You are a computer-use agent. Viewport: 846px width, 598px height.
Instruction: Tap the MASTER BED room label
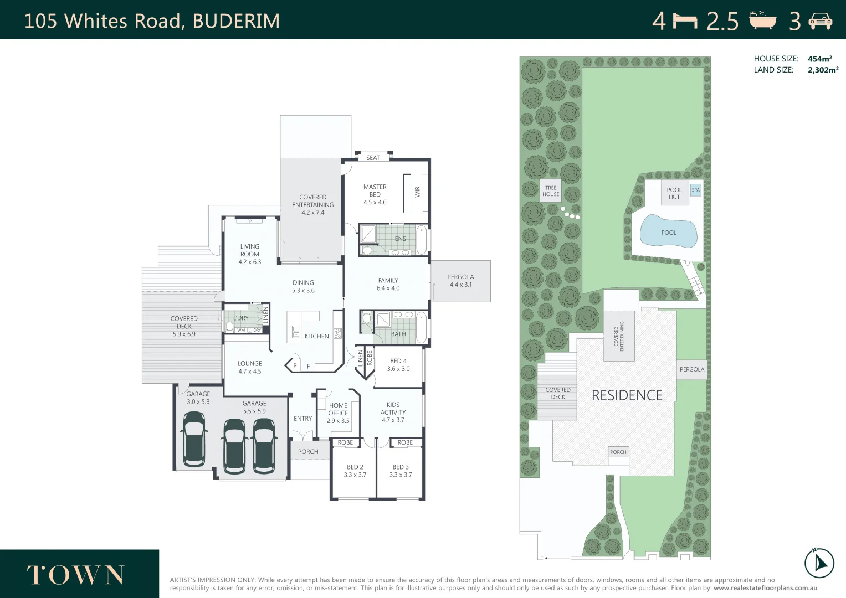point(375,194)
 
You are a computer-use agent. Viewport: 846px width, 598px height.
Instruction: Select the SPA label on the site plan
point(696,190)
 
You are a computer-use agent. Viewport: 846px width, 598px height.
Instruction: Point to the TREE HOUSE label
point(551,191)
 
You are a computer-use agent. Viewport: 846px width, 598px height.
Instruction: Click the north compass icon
point(819,563)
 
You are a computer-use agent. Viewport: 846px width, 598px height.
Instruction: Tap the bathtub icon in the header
point(763,20)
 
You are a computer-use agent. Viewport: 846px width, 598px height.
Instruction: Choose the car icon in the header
point(821,21)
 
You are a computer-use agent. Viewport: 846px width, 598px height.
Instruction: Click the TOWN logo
point(75,575)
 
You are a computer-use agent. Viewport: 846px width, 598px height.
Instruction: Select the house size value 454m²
point(819,59)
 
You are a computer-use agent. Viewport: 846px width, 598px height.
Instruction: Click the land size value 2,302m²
point(823,70)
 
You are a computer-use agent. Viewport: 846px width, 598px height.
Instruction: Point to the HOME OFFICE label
point(338,413)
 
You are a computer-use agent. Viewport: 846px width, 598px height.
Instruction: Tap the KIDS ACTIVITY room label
point(393,412)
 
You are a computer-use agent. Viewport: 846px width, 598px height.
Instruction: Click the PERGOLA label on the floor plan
point(460,281)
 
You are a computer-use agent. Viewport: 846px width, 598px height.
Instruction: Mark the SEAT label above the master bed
point(373,158)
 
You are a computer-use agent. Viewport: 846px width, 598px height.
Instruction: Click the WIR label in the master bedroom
point(418,192)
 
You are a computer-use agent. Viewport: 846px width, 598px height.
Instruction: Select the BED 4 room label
point(398,365)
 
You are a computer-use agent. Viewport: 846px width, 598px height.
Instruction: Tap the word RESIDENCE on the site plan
point(627,395)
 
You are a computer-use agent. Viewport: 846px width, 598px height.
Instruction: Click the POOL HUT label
point(674,193)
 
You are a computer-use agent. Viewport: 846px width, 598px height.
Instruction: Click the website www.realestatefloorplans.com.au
point(765,588)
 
